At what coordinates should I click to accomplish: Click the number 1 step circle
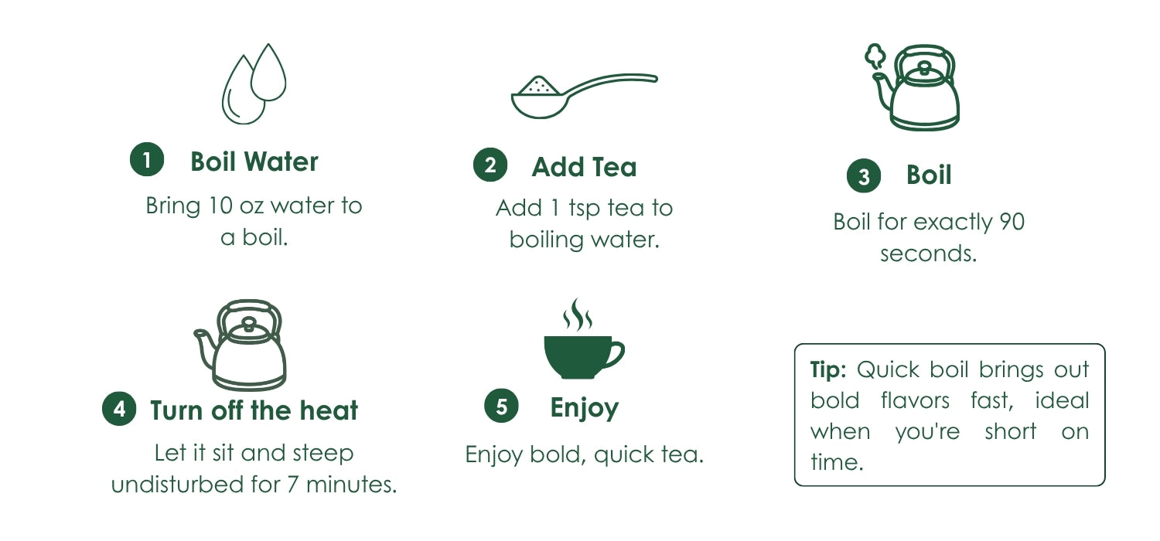(x=147, y=159)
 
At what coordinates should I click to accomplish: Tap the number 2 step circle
(x=490, y=165)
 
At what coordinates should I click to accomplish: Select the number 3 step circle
(x=864, y=176)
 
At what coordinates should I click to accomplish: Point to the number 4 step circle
(x=119, y=409)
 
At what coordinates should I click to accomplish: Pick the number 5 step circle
(x=501, y=406)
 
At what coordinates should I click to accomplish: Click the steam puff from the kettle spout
(x=875, y=56)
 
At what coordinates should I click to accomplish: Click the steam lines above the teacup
(x=578, y=315)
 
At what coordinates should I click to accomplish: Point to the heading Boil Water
(x=254, y=162)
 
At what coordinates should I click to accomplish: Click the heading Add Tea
(x=584, y=167)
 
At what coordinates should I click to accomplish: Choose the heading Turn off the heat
(x=254, y=410)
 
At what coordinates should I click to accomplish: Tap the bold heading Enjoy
(x=584, y=407)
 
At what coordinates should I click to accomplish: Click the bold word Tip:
(x=828, y=369)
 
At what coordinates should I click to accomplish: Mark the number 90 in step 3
(x=1012, y=222)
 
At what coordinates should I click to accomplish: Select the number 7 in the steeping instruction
(x=292, y=485)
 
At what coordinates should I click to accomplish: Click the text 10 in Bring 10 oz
(x=220, y=206)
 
